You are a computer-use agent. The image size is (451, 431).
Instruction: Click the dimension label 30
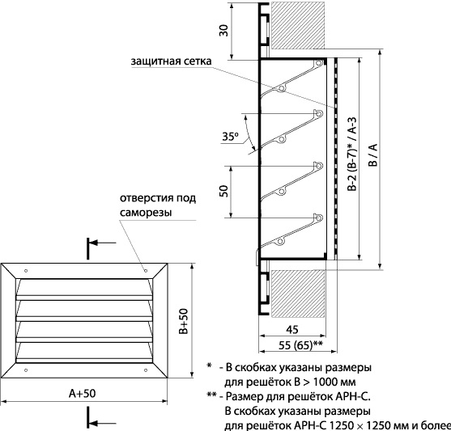pyautogui.click(x=223, y=31)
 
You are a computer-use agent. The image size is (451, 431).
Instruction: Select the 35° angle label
pyautogui.click(x=231, y=136)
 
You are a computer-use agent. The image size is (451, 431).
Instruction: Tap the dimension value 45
pyautogui.click(x=292, y=329)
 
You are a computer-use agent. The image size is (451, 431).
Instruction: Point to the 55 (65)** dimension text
pyautogui.click(x=300, y=344)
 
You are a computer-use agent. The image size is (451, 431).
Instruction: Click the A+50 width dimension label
pyautogui.click(x=83, y=393)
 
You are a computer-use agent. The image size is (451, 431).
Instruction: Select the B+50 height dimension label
pyautogui.click(x=183, y=321)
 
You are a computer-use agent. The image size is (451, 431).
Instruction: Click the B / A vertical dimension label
pyautogui.click(x=373, y=155)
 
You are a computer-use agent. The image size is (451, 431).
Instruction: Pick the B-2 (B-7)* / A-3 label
pyautogui.click(x=351, y=154)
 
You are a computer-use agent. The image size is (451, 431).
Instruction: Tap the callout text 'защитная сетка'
pyautogui.click(x=171, y=61)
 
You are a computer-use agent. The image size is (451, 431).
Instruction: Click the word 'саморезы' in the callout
pyautogui.click(x=146, y=213)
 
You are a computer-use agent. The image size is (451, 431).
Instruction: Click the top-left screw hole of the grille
pyautogui.click(x=26, y=271)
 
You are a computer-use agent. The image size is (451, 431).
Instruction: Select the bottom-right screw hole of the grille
pyautogui.click(x=146, y=370)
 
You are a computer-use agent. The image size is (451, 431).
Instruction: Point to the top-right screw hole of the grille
pyautogui.click(x=146, y=271)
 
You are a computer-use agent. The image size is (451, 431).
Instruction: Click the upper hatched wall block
pyautogui.click(x=298, y=25)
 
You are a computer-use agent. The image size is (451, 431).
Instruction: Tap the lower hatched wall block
pyautogui.click(x=298, y=294)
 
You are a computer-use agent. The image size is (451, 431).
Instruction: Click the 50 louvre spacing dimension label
pyautogui.click(x=223, y=191)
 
